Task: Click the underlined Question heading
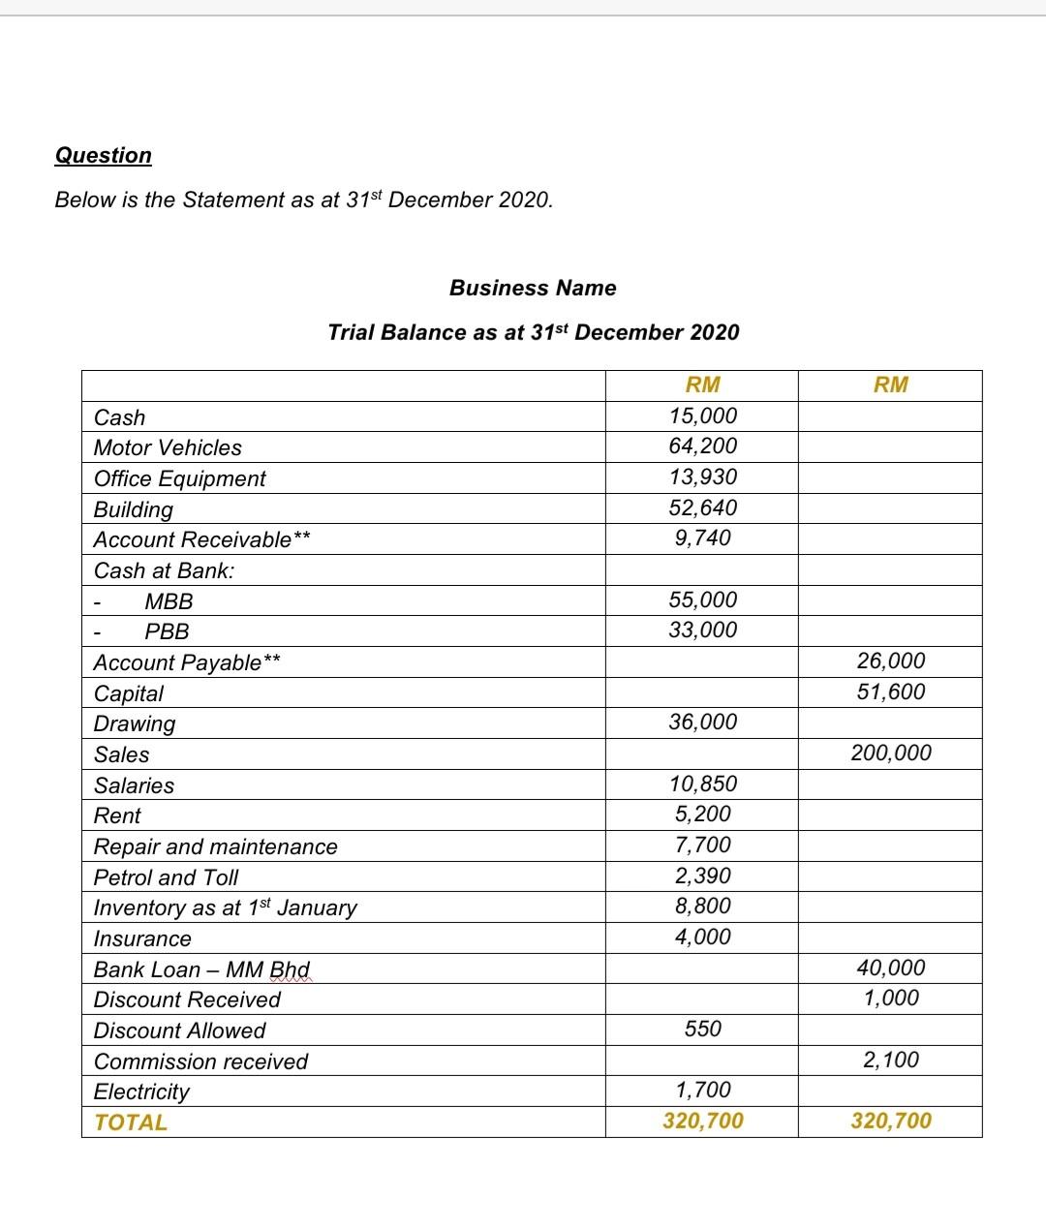pyautogui.click(x=104, y=155)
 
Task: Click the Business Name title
pyautogui.click(x=533, y=288)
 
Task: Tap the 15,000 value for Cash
pyautogui.click(x=702, y=415)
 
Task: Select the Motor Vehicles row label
pyautogui.click(x=168, y=447)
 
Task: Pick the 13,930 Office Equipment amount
pyautogui.click(x=702, y=477)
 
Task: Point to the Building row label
pyautogui.click(x=134, y=509)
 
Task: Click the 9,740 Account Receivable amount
pyautogui.click(x=702, y=538)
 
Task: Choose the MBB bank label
pyautogui.click(x=169, y=601)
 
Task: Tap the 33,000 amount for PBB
pyautogui.click(x=702, y=630)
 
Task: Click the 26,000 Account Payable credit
pyautogui.click(x=891, y=661)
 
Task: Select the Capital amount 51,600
pyautogui.click(x=891, y=692)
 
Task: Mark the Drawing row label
pyautogui.click(x=135, y=723)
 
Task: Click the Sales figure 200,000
pyautogui.click(x=891, y=753)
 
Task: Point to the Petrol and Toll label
pyautogui.click(x=166, y=877)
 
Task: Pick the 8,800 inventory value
pyautogui.click(x=702, y=906)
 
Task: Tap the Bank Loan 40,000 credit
pyautogui.click(x=891, y=968)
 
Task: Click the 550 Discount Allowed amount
pyautogui.click(x=702, y=1029)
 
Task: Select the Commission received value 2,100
pyautogui.click(x=891, y=1060)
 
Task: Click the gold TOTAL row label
pyautogui.click(x=131, y=1123)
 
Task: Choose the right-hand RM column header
pyautogui.click(x=891, y=385)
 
